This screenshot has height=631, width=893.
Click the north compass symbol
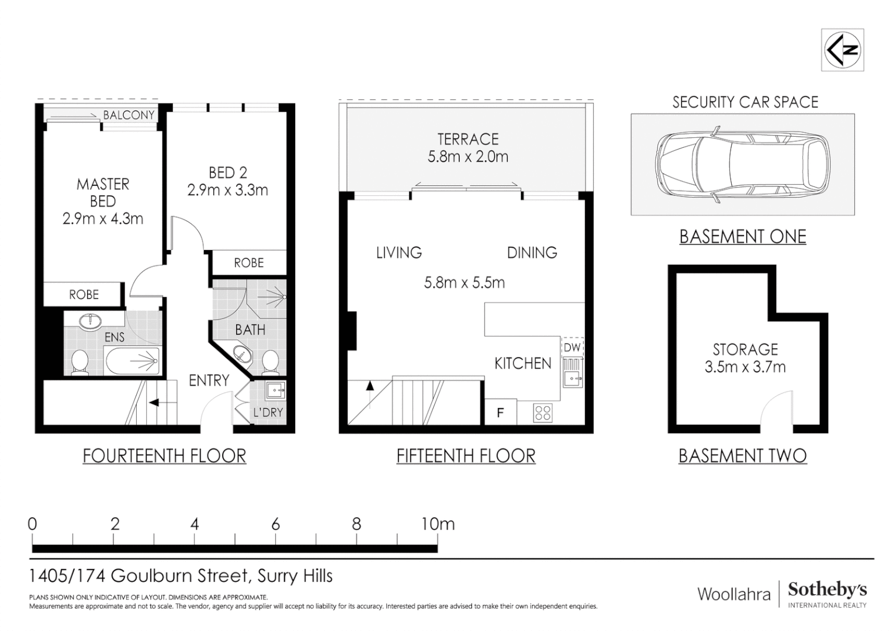[x=842, y=50]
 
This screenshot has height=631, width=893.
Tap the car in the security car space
[x=742, y=165]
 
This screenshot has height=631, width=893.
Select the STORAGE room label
[x=745, y=349]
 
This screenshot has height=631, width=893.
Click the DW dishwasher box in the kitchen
[x=573, y=347]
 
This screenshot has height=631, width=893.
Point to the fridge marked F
[x=500, y=412]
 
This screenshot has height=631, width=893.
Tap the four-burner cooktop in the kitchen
[x=542, y=413]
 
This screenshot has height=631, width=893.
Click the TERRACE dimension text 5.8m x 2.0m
[x=468, y=157]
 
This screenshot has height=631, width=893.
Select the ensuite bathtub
[x=132, y=360]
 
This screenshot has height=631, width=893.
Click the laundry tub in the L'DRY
[x=275, y=390]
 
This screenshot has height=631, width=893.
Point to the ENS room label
[x=115, y=337]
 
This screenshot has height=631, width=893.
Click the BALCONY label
[x=129, y=115]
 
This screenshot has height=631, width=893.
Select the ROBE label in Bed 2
[x=249, y=263]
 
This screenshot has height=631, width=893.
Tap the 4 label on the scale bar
[x=195, y=523]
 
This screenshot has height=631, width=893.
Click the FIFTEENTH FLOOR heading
[x=466, y=456]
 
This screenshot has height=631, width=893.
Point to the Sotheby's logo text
[x=827, y=590]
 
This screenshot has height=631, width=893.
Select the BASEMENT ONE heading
[x=743, y=237]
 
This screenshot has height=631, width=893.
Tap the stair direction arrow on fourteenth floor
[x=154, y=403]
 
